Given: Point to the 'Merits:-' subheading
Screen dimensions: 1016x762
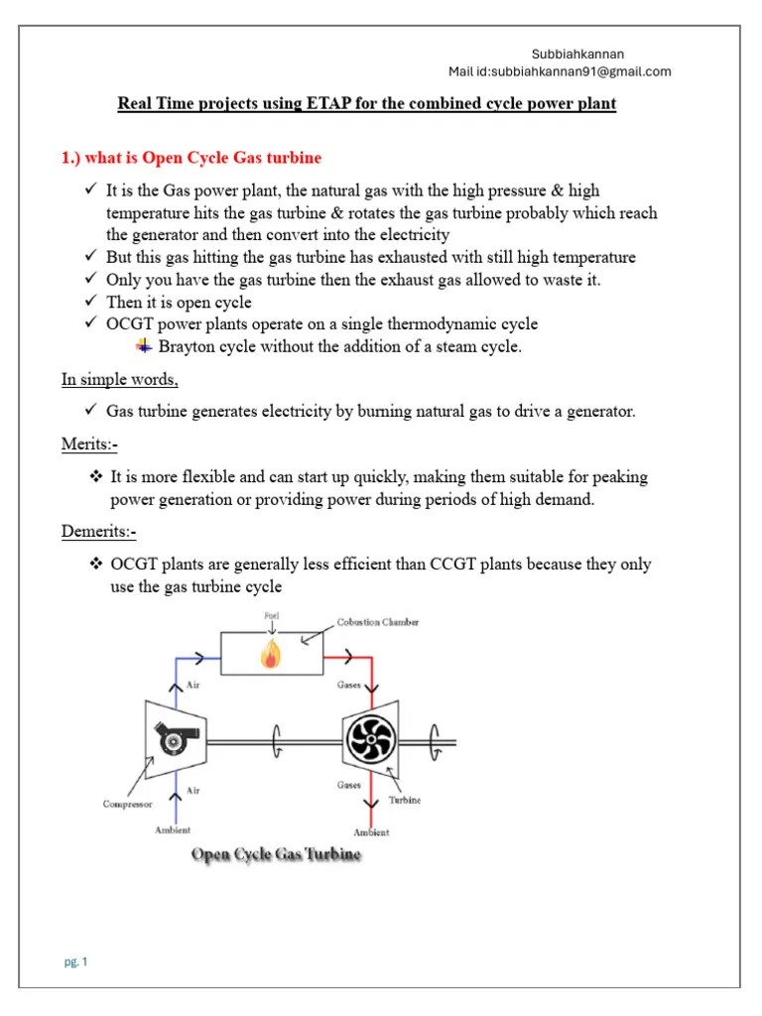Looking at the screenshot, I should click(89, 444).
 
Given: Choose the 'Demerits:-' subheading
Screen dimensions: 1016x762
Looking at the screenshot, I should click(98, 532).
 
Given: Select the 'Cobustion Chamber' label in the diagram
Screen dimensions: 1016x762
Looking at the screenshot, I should click(378, 622).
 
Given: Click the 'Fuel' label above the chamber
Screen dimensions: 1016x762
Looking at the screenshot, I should click(272, 616).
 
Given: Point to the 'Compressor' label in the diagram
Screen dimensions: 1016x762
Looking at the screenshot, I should click(128, 805).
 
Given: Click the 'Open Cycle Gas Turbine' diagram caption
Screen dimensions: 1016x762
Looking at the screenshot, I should click(276, 854).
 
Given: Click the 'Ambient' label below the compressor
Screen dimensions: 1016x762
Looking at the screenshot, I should click(173, 830).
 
